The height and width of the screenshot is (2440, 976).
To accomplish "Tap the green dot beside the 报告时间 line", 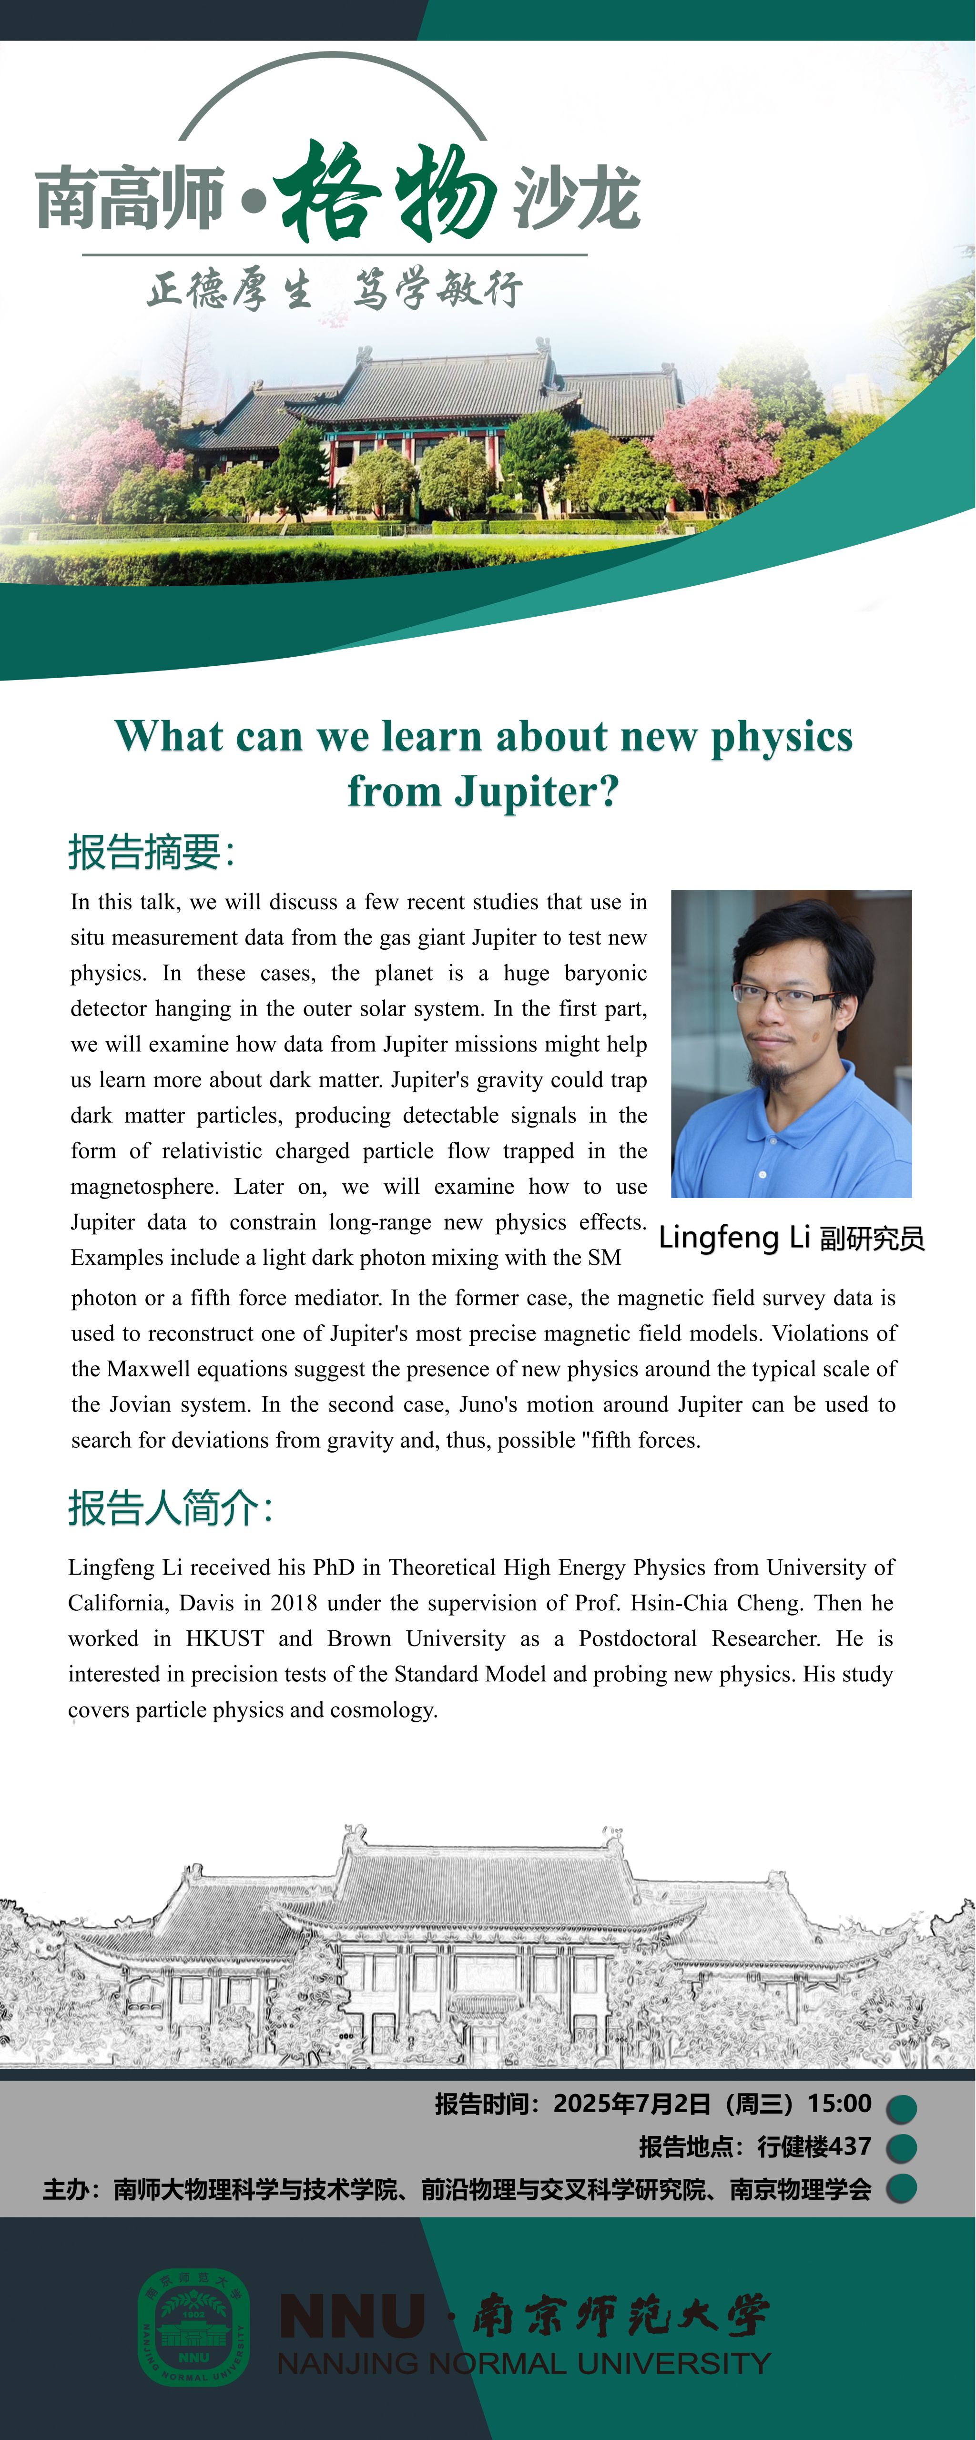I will [x=901, y=2108].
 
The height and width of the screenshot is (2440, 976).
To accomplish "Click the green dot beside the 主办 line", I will [x=901, y=2189].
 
